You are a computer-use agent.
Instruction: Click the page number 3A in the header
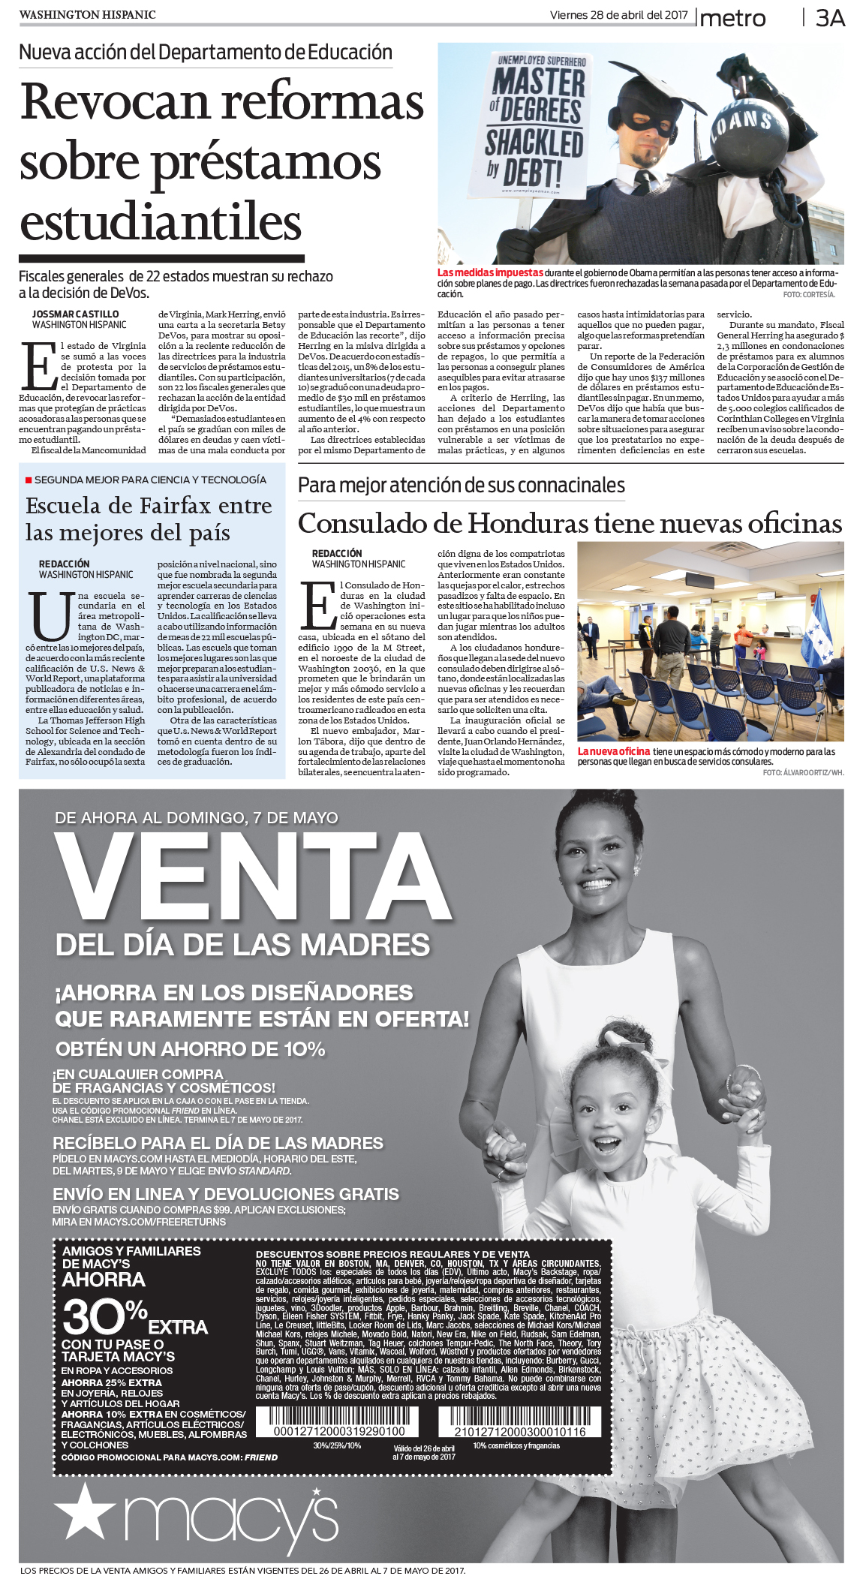[830, 18]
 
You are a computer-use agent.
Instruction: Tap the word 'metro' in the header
[733, 18]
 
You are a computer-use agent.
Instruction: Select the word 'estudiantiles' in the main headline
[161, 222]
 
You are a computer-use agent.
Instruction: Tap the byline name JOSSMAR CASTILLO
[75, 314]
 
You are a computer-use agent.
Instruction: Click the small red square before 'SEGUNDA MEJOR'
[29, 480]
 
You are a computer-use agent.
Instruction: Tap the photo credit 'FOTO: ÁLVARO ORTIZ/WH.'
[803, 772]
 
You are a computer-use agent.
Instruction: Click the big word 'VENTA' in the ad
[253, 877]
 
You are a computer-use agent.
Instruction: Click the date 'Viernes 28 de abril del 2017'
[618, 15]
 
